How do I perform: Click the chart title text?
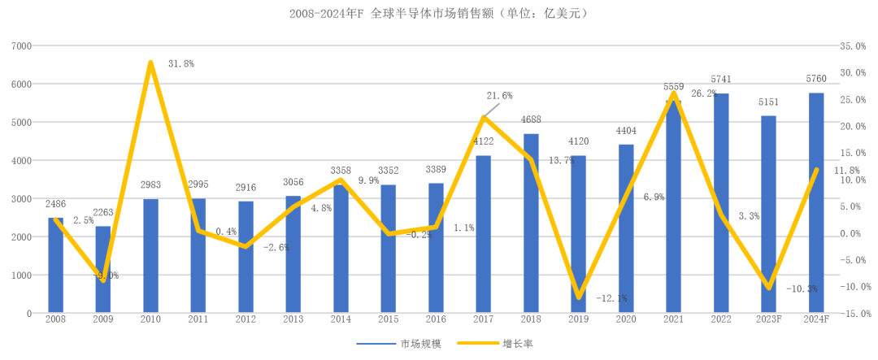(438, 14)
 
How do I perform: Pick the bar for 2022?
(721, 203)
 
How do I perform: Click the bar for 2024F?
(816, 203)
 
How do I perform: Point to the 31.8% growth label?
(180, 63)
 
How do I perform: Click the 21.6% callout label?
(499, 96)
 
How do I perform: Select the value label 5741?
(722, 80)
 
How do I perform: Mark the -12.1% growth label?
(611, 299)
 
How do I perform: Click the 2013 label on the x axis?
(293, 321)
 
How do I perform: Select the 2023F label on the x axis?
(768, 321)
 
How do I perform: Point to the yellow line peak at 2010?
(150, 63)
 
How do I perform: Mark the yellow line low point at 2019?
(579, 297)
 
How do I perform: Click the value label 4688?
(531, 119)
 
